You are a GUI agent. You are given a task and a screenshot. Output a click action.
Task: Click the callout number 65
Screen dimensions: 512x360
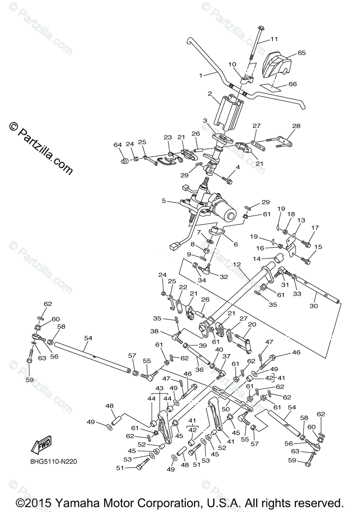[302, 53]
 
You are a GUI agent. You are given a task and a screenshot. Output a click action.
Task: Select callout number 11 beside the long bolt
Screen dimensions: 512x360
[274, 39]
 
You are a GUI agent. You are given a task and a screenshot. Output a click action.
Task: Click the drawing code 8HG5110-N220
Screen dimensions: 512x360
[51, 461]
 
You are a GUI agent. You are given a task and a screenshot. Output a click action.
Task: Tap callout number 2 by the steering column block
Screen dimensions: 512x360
[210, 93]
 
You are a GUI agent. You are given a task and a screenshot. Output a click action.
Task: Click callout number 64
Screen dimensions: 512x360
[118, 145]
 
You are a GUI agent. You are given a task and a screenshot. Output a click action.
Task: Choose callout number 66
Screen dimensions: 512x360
[292, 84]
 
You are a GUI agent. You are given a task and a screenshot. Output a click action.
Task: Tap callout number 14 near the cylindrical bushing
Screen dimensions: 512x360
[269, 259]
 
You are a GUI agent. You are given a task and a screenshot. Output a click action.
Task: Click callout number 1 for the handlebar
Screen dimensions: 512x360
[200, 75]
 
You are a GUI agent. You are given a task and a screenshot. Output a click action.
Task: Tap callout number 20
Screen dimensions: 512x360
[252, 324]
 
